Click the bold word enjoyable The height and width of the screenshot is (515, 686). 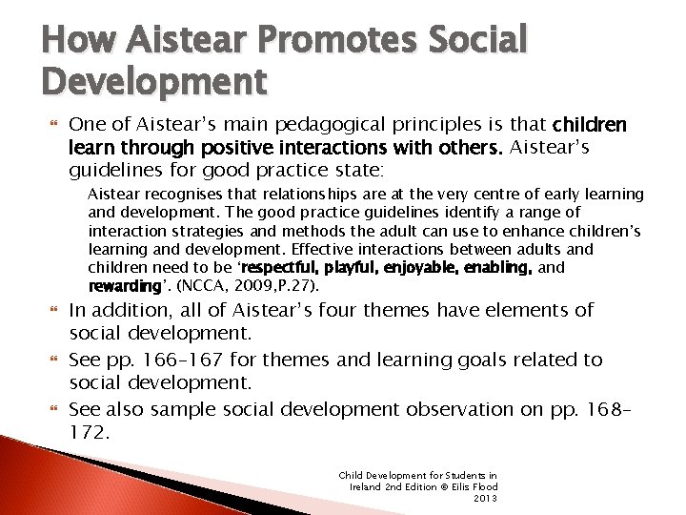click(425, 268)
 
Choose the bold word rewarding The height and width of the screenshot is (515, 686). click(124, 286)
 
